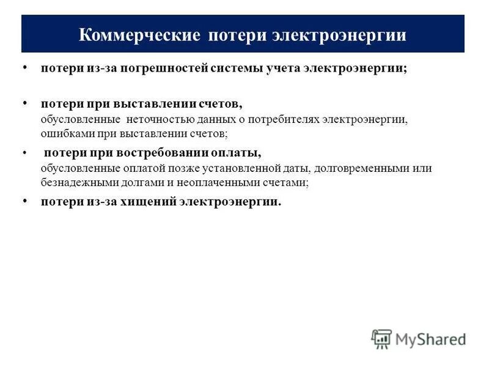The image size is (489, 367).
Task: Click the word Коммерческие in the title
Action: [x=139, y=35]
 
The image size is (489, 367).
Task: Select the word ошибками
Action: [x=63, y=132]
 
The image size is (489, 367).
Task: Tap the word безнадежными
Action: [x=75, y=181]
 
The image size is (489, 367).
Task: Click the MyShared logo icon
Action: [x=381, y=339]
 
